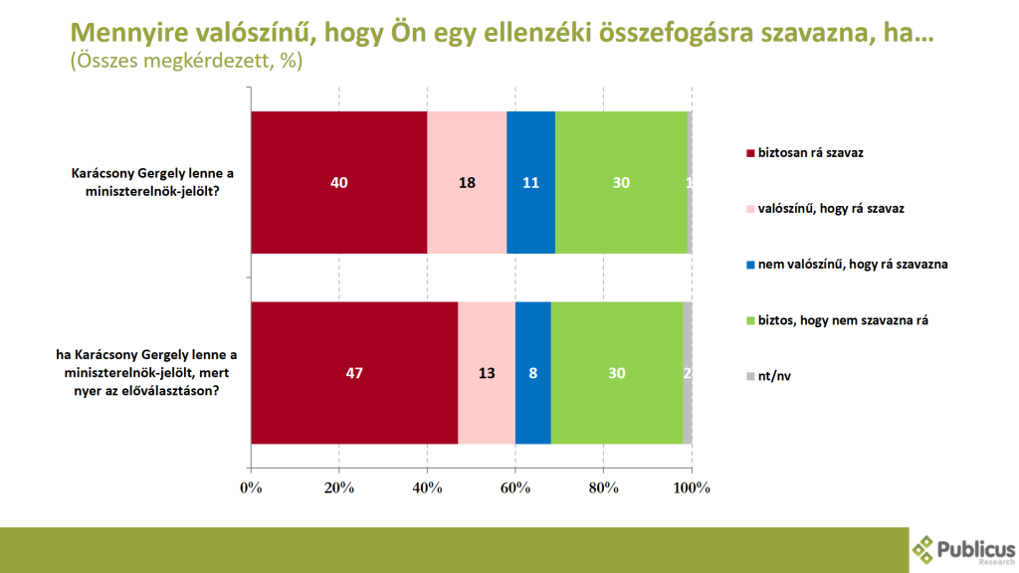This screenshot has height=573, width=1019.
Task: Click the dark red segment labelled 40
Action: [x=338, y=183]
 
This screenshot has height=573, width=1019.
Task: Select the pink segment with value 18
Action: [x=467, y=183]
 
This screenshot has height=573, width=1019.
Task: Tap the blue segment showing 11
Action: [x=530, y=183]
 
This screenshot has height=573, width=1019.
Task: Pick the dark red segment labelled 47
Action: [x=354, y=373]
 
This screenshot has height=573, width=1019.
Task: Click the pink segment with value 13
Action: [x=487, y=373]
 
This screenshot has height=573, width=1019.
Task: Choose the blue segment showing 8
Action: [x=532, y=373]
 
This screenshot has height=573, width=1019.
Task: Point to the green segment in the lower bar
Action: [x=617, y=373]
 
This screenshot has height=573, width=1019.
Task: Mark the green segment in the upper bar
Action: [x=621, y=183]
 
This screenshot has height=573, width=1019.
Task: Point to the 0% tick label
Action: [x=251, y=487]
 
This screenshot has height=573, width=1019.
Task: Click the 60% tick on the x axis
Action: [x=515, y=487]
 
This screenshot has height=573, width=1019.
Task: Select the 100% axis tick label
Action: [x=692, y=487]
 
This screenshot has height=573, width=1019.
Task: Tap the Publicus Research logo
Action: [x=963, y=550]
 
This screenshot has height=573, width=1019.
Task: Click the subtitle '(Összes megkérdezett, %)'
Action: [x=185, y=61]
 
